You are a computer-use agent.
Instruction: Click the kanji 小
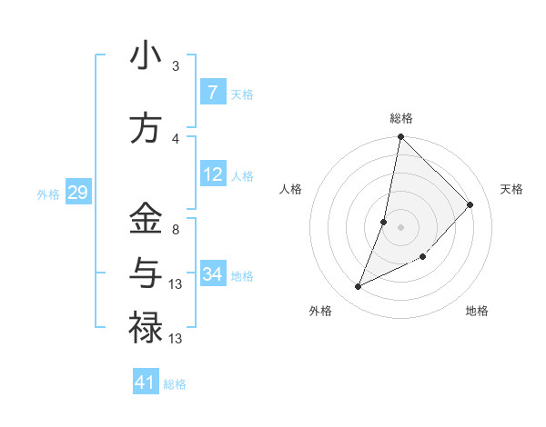pos(146,56)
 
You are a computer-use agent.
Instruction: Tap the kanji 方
pos(146,128)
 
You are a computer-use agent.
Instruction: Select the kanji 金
pos(146,218)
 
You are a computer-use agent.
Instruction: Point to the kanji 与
pos(146,272)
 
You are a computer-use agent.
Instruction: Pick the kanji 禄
pos(146,326)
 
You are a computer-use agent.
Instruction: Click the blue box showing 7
pos(212,92)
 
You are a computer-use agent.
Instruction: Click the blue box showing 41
pos(146,382)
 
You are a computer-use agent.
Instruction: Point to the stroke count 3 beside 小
pos(176,66)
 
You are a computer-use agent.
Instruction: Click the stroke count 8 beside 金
pos(176,230)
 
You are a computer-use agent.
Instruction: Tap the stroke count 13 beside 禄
pos(177,339)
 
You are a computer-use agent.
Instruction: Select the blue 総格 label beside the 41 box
pos(175,384)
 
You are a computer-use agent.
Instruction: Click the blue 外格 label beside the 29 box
pos(47,194)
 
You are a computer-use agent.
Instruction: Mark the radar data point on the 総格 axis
pos(400,137)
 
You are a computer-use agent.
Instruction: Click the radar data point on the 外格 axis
pos(358,287)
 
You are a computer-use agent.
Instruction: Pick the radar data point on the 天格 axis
pos(470,204)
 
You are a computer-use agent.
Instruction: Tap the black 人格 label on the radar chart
pos(290,189)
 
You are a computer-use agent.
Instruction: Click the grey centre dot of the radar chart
pos(400,227)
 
